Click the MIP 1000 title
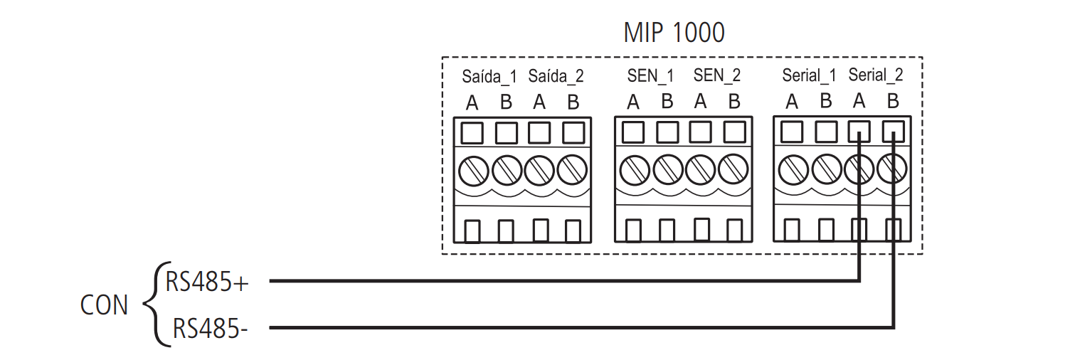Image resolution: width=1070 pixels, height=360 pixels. (674, 32)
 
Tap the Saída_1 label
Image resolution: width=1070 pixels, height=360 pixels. (489, 76)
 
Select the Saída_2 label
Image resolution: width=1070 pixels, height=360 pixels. (556, 76)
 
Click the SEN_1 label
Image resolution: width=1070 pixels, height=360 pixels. (650, 75)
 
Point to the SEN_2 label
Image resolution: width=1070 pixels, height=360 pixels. (717, 75)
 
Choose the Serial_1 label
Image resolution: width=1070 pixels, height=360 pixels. (809, 75)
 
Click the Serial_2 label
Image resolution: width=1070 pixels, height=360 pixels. (876, 75)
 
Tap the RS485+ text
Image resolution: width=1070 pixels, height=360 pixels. (207, 282)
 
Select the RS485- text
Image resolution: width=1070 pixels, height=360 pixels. (211, 329)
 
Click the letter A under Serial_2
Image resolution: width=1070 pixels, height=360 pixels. (859, 102)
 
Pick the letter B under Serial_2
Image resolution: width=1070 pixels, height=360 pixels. (894, 102)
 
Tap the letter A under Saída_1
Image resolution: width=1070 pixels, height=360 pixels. (472, 103)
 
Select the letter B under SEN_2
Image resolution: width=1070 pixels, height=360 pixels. (734, 102)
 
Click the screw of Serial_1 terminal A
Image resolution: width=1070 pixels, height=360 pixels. (792, 169)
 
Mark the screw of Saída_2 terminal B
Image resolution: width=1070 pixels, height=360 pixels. (573, 169)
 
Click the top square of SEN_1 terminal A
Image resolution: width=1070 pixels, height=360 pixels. (633, 132)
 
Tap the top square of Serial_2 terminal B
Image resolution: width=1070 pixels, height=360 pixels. (894, 132)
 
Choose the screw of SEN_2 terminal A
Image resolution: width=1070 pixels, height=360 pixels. (700, 169)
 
